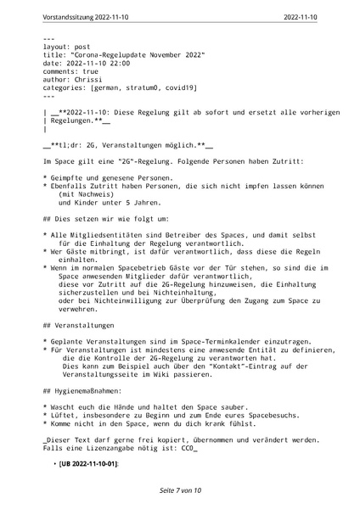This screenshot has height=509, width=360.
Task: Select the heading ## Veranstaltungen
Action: coord(79,326)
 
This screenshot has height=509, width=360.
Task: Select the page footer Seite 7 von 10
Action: coord(179,490)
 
